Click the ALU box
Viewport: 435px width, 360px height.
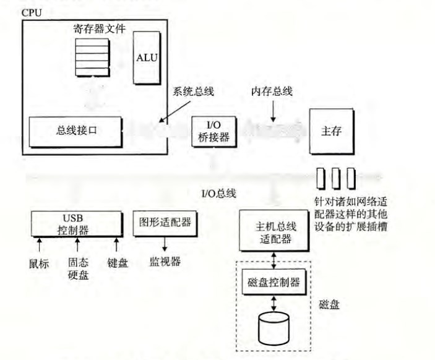click(147, 58)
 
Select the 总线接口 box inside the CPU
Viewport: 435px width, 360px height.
click(75, 132)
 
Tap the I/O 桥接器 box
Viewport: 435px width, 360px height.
click(214, 132)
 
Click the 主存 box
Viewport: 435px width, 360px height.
click(332, 131)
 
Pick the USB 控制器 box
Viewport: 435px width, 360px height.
click(77, 224)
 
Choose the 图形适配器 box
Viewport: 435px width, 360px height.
click(165, 223)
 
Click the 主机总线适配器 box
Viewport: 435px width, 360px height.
click(274, 231)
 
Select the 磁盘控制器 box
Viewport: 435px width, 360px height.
click(274, 282)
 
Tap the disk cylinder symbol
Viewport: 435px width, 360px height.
click(274, 328)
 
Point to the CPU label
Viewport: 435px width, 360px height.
click(32, 13)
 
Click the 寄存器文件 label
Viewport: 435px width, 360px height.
click(100, 29)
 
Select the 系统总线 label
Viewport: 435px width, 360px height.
click(193, 92)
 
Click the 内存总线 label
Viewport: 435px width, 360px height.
click(272, 92)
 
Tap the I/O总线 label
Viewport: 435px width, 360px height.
click(218, 194)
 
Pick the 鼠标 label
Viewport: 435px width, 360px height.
click(39, 264)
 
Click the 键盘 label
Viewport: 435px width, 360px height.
click(118, 263)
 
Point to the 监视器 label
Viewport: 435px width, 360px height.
click(165, 262)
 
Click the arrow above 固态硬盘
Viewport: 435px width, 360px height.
click(77, 244)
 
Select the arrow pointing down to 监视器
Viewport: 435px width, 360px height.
click(165, 244)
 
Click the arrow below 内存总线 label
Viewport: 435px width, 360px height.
click(273, 111)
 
